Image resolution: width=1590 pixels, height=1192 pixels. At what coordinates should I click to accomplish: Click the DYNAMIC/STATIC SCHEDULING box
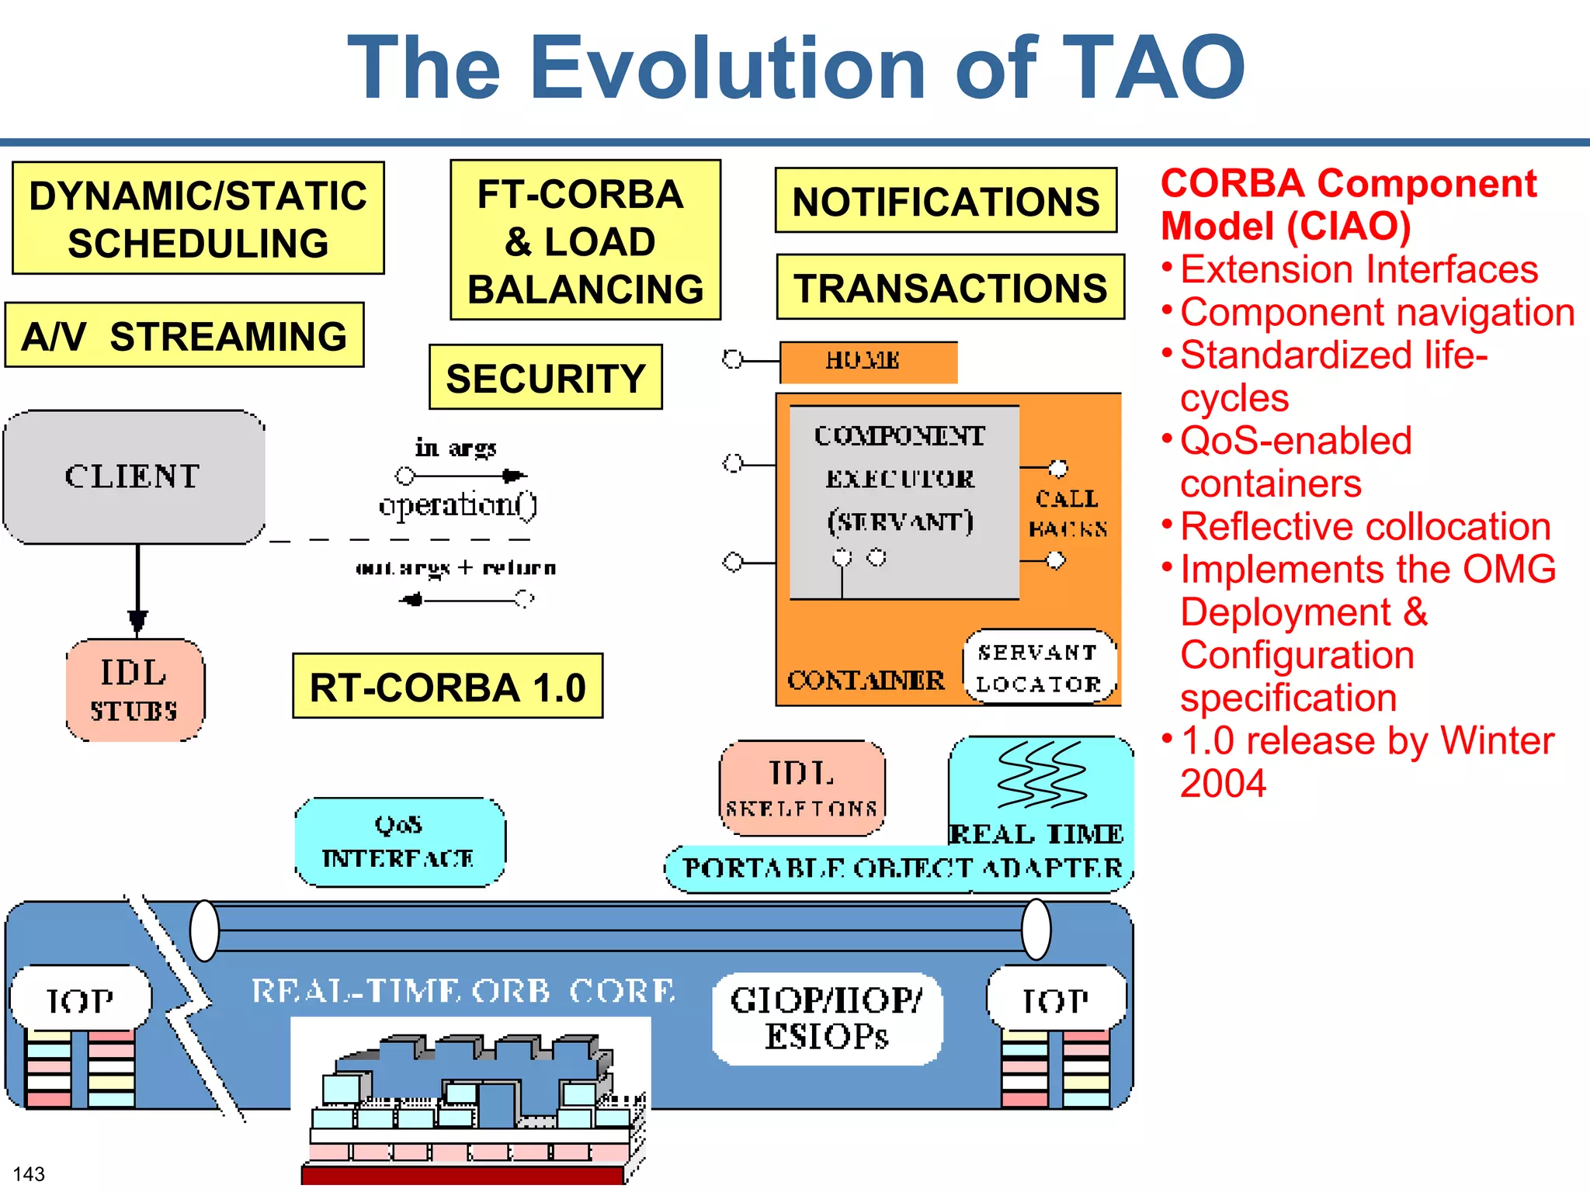pyautogui.click(x=198, y=218)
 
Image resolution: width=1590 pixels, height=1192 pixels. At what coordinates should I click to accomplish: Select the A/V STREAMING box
pyautogui.click(x=184, y=335)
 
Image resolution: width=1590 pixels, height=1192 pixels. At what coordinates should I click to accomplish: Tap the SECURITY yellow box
pyautogui.click(x=545, y=378)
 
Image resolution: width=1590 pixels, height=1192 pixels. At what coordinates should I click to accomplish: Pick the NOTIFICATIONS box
pyautogui.click(x=945, y=201)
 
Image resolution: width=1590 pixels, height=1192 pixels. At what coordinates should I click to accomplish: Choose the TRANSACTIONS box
pyautogui.click(x=949, y=287)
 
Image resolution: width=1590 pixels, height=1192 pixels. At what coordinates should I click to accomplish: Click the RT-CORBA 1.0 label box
pyautogui.click(x=447, y=686)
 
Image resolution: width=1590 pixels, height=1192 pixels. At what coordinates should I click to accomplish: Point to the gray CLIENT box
pyautogui.click(x=134, y=476)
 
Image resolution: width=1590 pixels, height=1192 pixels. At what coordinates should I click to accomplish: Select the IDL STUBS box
pyautogui.click(x=134, y=690)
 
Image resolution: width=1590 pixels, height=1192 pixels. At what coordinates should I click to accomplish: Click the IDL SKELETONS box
pyautogui.click(x=801, y=788)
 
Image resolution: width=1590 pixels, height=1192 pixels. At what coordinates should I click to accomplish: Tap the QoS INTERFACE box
pyautogui.click(x=399, y=842)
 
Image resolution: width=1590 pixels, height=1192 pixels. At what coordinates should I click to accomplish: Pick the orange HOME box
pyautogui.click(x=867, y=362)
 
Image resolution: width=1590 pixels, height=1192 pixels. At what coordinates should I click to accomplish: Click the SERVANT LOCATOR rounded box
pyautogui.click(x=1039, y=667)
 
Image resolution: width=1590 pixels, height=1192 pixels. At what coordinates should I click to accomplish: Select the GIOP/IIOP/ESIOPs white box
pyautogui.click(x=826, y=1018)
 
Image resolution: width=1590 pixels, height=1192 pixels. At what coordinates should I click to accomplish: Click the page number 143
pyautogui.click(x=29, y=1173)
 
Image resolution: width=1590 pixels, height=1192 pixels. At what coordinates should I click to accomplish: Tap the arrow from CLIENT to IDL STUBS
pyautogui.click(x=137, y=590)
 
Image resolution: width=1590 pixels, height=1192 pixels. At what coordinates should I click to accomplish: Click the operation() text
pyautogui.click(x=457, y=505)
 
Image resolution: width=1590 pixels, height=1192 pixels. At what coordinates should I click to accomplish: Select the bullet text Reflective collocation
pyautogui.click(x=1365, y=526)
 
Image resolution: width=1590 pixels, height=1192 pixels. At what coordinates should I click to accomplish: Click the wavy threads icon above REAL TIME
pyautogui.click(x=1040, y=774)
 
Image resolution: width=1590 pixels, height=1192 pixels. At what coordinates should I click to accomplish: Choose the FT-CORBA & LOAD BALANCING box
pyautogui.click(x=585, y=241)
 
